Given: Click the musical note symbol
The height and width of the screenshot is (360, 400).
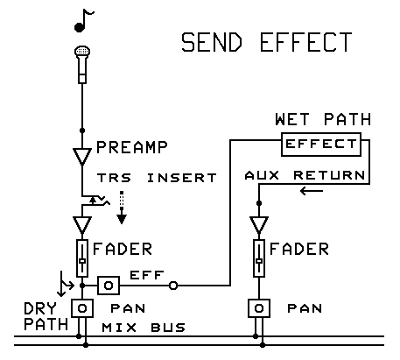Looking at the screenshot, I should pos(83,18).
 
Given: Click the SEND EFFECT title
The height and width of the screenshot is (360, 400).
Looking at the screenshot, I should pos(266,43).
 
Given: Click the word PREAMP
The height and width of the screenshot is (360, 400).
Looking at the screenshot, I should pos(131,146).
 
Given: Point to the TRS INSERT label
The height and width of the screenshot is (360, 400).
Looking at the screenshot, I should pos(157,178).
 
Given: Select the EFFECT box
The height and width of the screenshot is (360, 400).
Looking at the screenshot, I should pos(319,143).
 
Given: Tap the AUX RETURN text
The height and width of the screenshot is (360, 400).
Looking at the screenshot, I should pos(304,175).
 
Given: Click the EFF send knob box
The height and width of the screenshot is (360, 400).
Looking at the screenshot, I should pos(107,286).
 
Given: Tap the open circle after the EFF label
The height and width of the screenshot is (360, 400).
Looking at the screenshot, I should pos(173,286).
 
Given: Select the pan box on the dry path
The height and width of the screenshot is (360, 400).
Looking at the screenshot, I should pos(82,309).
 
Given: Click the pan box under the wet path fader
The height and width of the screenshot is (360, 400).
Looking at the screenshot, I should pos(258,309).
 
